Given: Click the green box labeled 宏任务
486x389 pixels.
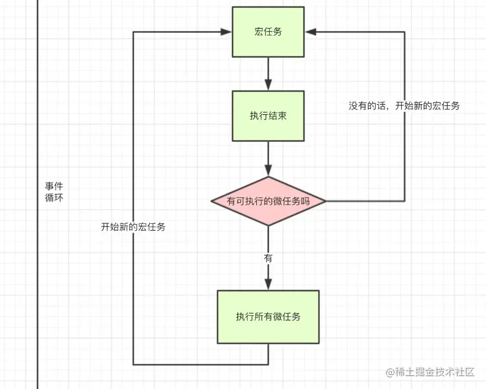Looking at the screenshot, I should coord(268,32).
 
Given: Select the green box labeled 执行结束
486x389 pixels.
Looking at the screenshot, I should coord(268,116).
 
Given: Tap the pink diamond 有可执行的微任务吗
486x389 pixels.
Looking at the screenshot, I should coord(268,201).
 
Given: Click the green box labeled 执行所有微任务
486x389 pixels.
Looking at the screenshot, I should coord(268,316).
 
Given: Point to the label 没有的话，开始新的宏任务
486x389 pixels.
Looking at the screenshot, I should coord(404,106).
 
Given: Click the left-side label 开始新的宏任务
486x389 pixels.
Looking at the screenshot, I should coord(133,227).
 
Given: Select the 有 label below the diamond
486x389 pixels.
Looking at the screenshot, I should coord(269,258).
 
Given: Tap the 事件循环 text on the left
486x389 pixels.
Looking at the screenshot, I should coord(54,192).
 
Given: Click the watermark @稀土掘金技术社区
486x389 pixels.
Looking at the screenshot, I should coord(430,372).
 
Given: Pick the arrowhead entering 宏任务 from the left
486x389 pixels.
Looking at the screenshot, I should coord(226,32).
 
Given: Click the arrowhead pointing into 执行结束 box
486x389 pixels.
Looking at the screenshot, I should coord(269,85).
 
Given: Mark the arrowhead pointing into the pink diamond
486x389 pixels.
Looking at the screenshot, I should coord(269,171).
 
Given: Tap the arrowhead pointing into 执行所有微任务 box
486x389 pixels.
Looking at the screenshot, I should coord(269,284).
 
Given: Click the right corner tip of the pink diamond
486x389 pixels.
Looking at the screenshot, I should coord(325,201).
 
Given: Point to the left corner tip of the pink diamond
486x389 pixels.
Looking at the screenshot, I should coord(211,201).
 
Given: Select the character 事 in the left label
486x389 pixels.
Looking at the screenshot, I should coord(49,186).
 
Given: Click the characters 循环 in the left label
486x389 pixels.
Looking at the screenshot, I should coord(54,197).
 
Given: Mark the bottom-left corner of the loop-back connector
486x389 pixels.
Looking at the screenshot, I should coord(133,364).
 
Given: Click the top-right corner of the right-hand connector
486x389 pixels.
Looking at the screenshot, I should coord(404,32).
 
